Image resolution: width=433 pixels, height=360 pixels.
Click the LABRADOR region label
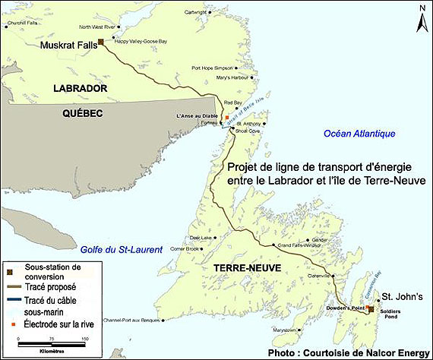pyautogui.click(x=78, y=90)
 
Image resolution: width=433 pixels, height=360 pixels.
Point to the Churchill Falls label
pyautogui.click(x=21, y=22)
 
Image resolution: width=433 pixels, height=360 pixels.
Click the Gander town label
pyautogui.click(x=320, y=239)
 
